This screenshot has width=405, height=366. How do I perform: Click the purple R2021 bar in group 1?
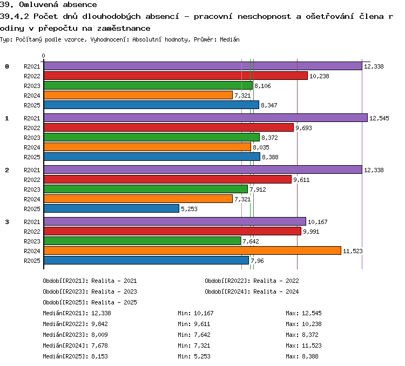(x=206, y=118)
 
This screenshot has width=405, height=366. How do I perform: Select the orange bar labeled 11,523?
(x=192, y=250)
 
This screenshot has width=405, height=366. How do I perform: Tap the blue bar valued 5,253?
(x=111, y=208)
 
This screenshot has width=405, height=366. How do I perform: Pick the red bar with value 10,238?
(x=175, y=76)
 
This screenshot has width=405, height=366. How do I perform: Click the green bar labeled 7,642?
(x=143, y=241)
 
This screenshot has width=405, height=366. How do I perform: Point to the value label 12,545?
(x=379, y=118)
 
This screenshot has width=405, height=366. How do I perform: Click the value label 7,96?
(x=257, y=261)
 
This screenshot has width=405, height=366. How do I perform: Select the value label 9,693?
(x=303, y=128)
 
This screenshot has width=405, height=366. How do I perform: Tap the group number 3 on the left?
(x=7, y=222)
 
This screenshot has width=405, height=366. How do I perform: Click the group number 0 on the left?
(x=7, y=66)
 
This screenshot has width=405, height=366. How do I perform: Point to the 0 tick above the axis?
(x=43, y=56)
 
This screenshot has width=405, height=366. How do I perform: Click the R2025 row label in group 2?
(x=32, y=209)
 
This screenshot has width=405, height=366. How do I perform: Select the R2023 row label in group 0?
(x=32, y=86)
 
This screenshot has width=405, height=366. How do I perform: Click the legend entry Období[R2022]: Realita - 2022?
(x=252, y=281)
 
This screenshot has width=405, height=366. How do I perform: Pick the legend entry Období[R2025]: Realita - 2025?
(x=90, y=302)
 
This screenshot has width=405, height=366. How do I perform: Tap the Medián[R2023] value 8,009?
(x=99, y=335)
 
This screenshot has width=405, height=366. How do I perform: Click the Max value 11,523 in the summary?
(x=312, y=345)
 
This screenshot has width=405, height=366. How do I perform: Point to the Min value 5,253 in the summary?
(x=202, y=356)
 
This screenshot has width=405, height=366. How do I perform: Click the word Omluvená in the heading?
(x=38, y=4)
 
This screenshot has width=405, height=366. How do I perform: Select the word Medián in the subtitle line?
(x=230, y=39)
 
